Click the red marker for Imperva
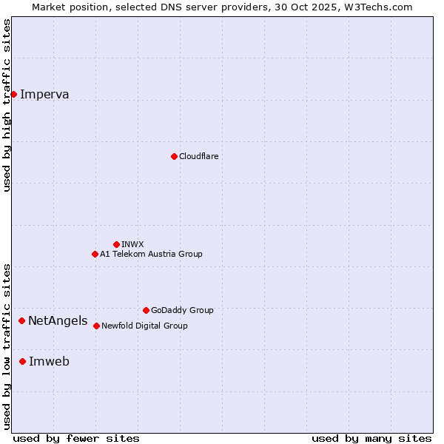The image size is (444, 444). (x=13, y=94)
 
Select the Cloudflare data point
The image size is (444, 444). (x=174, y=156)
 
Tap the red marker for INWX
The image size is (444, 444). (x=116, y=244)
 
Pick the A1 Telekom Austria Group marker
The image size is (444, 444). (x=95, y=254)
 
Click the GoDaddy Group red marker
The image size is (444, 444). (x=146, y=310)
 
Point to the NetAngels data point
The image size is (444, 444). (x=22, y=320)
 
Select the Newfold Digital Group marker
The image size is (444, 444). (x=96, y=326)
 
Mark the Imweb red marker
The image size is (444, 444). (x=23, y=361)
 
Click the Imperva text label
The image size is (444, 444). (x=44, y=94)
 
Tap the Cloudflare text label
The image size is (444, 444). (x=198, y=156)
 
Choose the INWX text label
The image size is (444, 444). (x=132, y=244)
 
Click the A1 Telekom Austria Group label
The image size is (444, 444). (x=151, y=254)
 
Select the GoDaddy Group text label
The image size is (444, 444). (x=182, y=310)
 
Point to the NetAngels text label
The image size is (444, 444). (x=58, y=320)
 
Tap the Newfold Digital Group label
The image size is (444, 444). (x=144, y=326)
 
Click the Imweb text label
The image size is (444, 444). (x=49, y=361)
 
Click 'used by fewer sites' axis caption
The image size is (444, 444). (x=76, y=438)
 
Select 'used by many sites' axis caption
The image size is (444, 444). (x=371, y=438)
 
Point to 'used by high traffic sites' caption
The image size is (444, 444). (x=7, y=105)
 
